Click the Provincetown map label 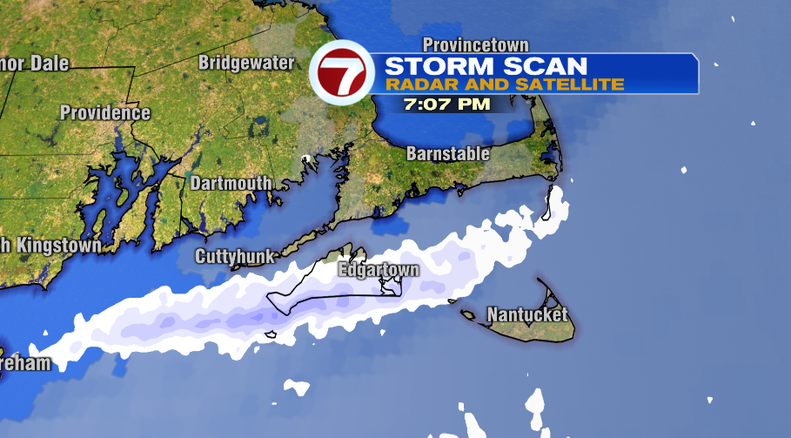point(475,44)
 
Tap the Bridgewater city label point(242,63)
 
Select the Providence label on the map point(104,113)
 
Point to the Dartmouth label point(231,183)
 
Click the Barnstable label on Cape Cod point(447,154)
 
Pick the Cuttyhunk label point(235,256)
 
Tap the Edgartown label point(379,270)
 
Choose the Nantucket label point(527,314)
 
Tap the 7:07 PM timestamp point(447,104)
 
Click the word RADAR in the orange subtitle point(415,84)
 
